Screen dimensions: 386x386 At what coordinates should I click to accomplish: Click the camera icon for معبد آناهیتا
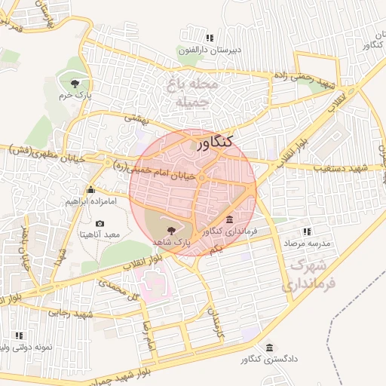100,224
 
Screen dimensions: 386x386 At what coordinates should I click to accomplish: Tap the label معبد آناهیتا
100,235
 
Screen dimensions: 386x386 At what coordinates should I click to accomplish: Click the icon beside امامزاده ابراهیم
90,190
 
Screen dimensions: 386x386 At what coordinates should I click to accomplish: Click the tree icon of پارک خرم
74,83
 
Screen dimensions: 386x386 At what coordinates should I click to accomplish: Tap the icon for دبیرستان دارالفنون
209,38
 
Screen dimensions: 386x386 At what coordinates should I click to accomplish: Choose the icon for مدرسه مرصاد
306,231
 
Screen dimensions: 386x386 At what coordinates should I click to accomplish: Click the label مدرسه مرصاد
308,244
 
